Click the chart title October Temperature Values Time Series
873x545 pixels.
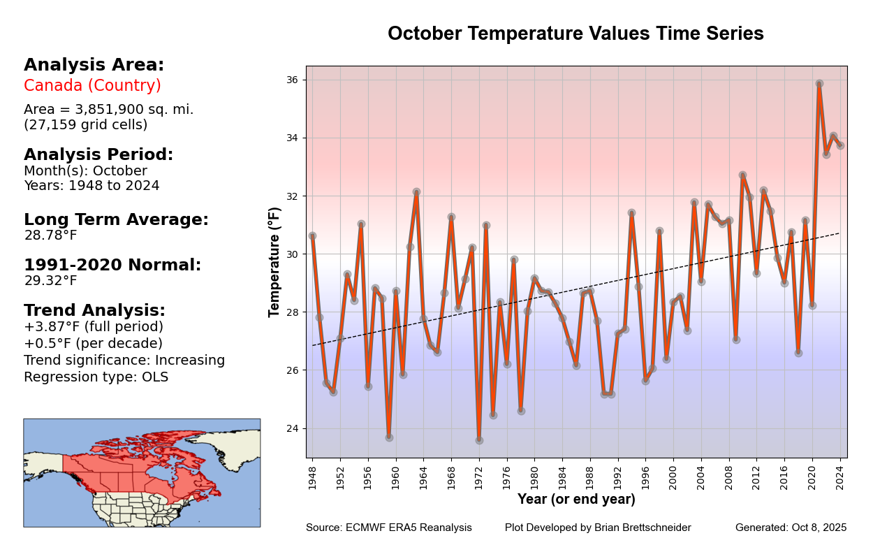(575, 34)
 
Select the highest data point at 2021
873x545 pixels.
(819, 83)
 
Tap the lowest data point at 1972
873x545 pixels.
(479, 440)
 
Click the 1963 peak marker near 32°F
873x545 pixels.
(416, 191)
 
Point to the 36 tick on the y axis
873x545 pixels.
(293, 80)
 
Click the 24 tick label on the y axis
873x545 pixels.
(293, 428)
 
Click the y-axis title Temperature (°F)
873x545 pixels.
(274, 261)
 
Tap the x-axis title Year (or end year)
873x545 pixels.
(576, 500)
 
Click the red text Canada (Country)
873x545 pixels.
(92, 86)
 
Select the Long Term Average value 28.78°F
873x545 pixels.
(50, 235)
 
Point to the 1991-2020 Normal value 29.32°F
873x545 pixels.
(50, 281)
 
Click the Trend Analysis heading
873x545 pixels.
(94, 310)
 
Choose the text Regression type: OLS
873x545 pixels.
(96, 377)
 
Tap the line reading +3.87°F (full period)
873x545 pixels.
(93, 327)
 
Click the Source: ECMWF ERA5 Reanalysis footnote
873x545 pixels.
(388, 528)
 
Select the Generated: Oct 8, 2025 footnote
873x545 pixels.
(791, 528)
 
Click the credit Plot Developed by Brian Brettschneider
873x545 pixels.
(598, 528)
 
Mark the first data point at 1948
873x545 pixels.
(312, 236)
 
